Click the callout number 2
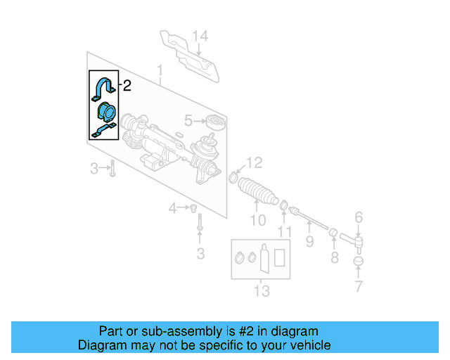tap(127, 86)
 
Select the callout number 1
tap(160, 71)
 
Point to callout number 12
tap(255, 163)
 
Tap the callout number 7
tap(359, 286)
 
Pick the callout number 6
tap(359, 218)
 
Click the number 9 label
tap(309, 243)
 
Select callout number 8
tap(335, 257)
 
